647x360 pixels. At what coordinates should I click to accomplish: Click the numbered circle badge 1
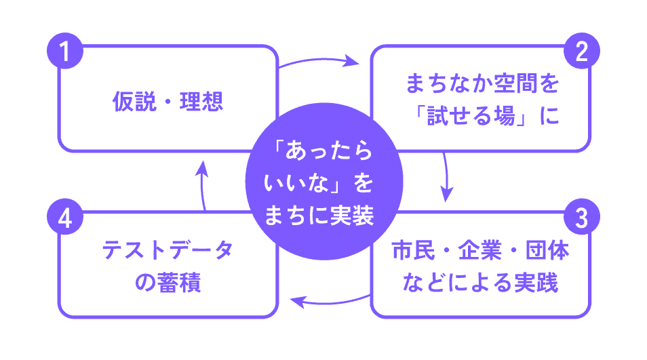(65, 51)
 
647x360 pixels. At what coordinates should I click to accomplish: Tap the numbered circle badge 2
(581, 51)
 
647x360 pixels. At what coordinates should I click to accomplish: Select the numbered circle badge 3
(581, 217)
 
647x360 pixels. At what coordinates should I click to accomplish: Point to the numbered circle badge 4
(65, 217)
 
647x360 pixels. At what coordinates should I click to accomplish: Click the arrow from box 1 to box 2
(320, 60)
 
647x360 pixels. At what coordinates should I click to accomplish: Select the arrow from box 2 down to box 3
(446, 176)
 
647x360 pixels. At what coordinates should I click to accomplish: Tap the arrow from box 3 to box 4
(330, 303)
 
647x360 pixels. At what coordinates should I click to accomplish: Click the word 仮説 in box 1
(134, 102)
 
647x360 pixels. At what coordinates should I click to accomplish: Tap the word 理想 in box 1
(201, 102)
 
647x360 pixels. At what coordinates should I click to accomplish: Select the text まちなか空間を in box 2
(482, 83)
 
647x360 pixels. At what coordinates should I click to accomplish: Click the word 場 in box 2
(505, 115)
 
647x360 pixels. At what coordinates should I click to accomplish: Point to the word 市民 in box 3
(413, 250)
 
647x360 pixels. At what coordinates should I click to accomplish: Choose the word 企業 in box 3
(480, 250)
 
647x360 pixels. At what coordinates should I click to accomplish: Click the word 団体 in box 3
(547, 250)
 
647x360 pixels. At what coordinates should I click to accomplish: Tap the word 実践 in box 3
(536, 283)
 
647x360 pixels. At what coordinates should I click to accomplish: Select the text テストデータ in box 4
(168, 250)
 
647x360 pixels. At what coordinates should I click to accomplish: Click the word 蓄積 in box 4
(179, 283)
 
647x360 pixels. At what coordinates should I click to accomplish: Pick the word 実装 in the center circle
(352, 216)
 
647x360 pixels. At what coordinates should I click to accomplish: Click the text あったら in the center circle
(329, 150)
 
